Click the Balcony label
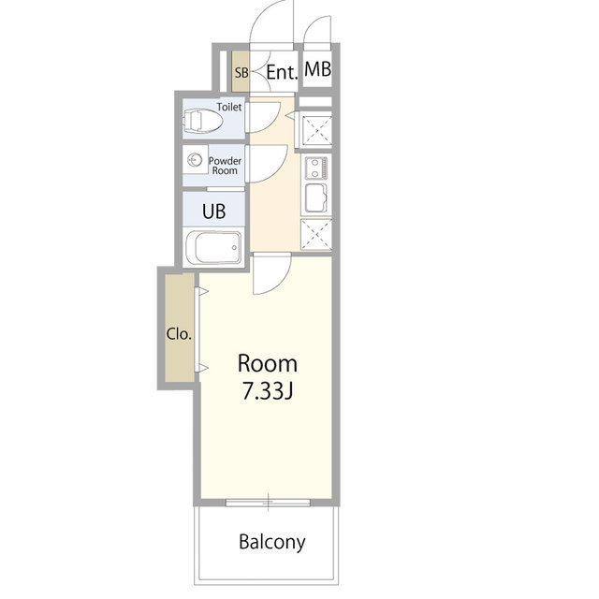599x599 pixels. [271, 542]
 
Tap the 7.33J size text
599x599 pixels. [268, 392]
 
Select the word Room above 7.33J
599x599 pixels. [267, 363]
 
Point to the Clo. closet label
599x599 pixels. [179, 333]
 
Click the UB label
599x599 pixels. [214, 211]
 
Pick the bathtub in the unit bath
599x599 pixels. [215, 249]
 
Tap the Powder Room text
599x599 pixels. [225, 166]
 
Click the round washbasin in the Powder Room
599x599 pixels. [197, 161]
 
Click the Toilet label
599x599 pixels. [229, 107]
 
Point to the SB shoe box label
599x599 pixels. [241, 72]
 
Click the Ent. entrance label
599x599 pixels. [281, 72]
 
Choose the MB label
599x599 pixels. [317, 70]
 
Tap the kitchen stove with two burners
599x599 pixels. [315, 168]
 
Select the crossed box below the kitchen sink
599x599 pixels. [315, 233]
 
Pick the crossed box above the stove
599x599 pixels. [315, 129]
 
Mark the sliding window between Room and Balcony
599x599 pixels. [268, 504]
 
